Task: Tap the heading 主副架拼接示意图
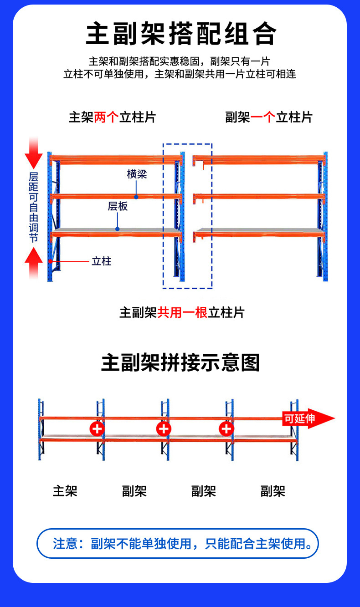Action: (x=180, y=363)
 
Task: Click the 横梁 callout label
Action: (x=137, y=174)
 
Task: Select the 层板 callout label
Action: (x=118, y=206)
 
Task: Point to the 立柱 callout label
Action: (x=101, y=261)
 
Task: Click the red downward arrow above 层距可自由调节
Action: (x=34, y=153)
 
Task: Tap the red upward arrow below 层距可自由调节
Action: (x=34, y=262)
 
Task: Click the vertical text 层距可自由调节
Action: (x=34, y=207)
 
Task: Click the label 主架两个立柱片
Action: (x=112, y=117)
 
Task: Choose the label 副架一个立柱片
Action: (x=269, y=117)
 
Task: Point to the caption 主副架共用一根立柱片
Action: (x=182, y=312)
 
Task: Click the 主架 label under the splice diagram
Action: (x=65, y=491)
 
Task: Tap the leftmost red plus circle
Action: (x=97, y=428)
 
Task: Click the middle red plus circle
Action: (x=164, y=428)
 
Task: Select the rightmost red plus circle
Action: (x=226, y=428)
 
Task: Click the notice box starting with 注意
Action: (x=178, y=543)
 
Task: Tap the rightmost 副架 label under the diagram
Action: (x=273, y=491)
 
